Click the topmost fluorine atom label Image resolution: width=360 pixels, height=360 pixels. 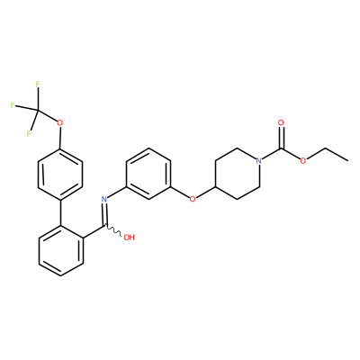pyautogui.click(x=38, y=85)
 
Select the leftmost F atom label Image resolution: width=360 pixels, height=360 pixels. pyautogui.click(x=13, y=105)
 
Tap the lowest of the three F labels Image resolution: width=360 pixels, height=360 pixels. pyautogui.click(x=29, y=133)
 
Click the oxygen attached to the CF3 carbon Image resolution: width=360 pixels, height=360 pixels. pyautogui.click(x=60, y=122)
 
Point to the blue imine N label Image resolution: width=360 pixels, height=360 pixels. pyautogui.click(x=104, y=199)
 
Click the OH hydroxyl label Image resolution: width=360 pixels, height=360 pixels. pyautogui.click(x=129, y=238)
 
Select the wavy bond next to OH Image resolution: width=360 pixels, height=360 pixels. pyautogui.click(x=113, y=230)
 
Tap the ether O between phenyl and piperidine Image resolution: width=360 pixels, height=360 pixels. pyautogui.click(x=193, y=199)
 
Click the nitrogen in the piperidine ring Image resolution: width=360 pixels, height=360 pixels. pyautogui.click(x=259, y=161)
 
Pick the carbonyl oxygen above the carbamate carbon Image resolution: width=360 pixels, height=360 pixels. pyautogui.click(x=281, y=122)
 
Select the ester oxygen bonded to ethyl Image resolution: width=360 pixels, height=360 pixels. pyautogui.click(x=303, y=161)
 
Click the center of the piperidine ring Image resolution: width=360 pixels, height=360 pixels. pyautogui.click(x=238, y=174)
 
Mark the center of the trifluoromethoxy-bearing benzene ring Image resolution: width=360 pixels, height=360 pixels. pyautogui.click(x=60, y=174)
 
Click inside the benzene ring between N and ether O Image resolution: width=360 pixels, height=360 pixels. pyautogui.click(x=148, y=174)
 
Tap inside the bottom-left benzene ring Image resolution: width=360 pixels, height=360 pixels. pyautogui.click(x=61, y=250)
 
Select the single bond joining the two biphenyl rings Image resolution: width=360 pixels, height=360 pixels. pyautogui.click(x=60, y=211)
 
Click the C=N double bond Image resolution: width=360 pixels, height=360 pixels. pyautogui.click(x=105, y=213)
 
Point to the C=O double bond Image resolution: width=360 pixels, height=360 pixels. pyautogui.click(x=281, y=137)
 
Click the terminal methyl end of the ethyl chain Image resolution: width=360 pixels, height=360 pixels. pyautogui.click(x=347, y=160)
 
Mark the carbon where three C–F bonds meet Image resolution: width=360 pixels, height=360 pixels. pyautogui.click(x=38, y=110)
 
